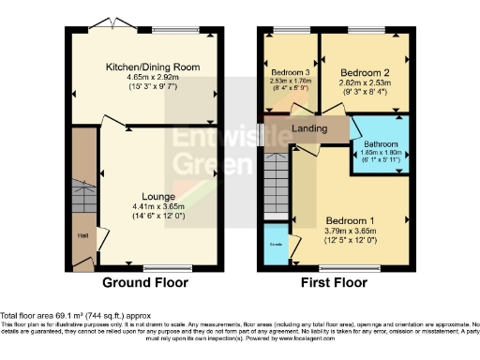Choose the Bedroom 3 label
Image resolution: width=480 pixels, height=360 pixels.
(290, 72)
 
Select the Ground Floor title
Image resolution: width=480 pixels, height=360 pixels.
(145, 282)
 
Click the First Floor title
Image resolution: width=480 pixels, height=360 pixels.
(332, 282)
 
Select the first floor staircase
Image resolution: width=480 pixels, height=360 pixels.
(277, 178)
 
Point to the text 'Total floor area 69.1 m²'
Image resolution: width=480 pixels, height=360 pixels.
(54, 316)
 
